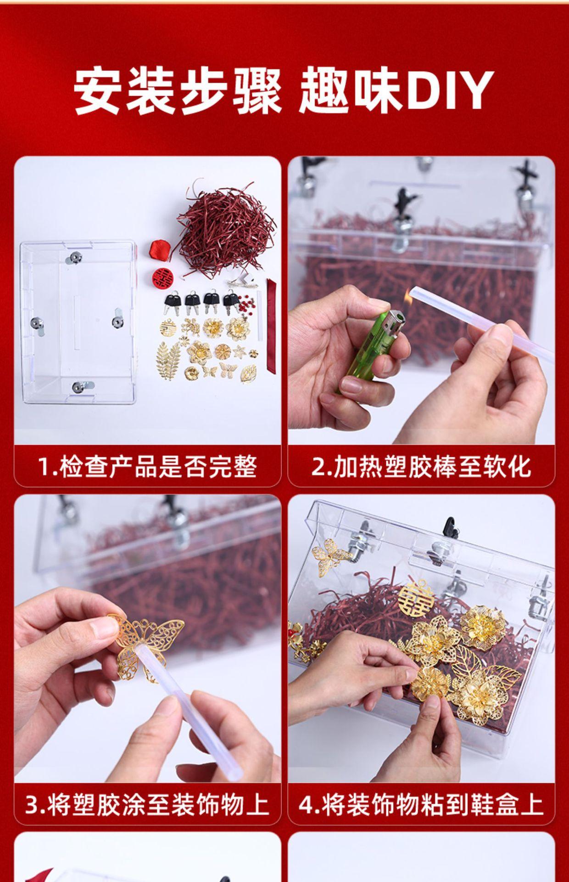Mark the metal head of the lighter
pos(393,320)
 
